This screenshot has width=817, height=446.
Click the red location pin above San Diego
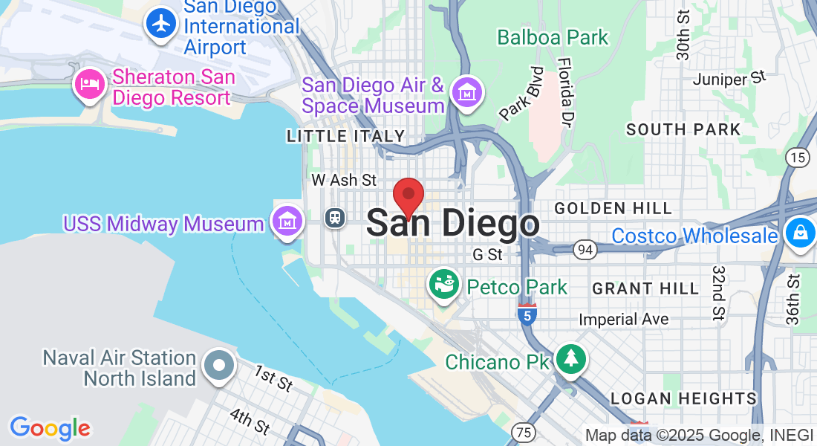[408, 196]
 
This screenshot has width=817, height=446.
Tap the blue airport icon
[160, 23]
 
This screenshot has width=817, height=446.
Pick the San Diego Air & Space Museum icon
[468, 93]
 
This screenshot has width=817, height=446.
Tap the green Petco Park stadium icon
[444, 286]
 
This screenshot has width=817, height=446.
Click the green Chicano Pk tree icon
[570, 360]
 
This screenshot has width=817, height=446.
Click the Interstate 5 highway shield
[527, 314]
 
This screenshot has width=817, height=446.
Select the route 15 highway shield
[797, 157]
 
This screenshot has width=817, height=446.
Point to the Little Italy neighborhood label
[346, 136]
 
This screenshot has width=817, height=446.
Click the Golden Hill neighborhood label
[613, 208]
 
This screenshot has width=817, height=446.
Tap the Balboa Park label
[553, 37]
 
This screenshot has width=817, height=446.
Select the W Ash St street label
[344, 180]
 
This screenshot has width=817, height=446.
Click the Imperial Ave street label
[624, 319]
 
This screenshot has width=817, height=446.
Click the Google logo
[50, 428]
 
